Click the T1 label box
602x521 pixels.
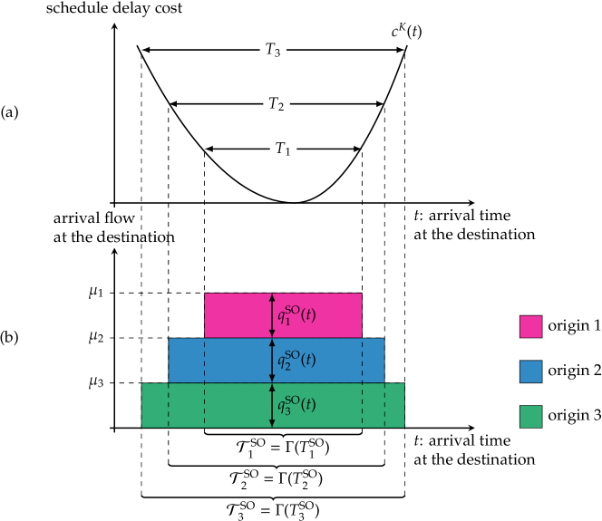pos(283,149)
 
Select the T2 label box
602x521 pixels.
pos(277,104)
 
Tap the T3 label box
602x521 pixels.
pos(272,50)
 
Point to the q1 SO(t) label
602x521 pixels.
pos(296,315)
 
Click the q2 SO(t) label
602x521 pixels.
pos(296,360)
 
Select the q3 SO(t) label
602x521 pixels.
pos(296,405)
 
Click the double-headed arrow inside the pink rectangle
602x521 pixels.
pos(272,315)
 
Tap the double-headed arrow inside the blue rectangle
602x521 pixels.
pos(272,360)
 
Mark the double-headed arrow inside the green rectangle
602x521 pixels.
pos(272,405)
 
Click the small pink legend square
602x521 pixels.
pos(530,326)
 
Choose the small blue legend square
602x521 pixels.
pos(530,371)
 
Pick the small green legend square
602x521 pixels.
pos(530,416)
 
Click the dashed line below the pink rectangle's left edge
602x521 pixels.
pos(204,381)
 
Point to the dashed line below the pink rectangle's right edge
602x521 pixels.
pos(362,381)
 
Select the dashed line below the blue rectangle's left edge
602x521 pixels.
pos(169,405)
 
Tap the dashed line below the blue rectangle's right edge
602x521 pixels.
pos(384,405)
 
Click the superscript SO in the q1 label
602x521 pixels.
pos(292,309)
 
